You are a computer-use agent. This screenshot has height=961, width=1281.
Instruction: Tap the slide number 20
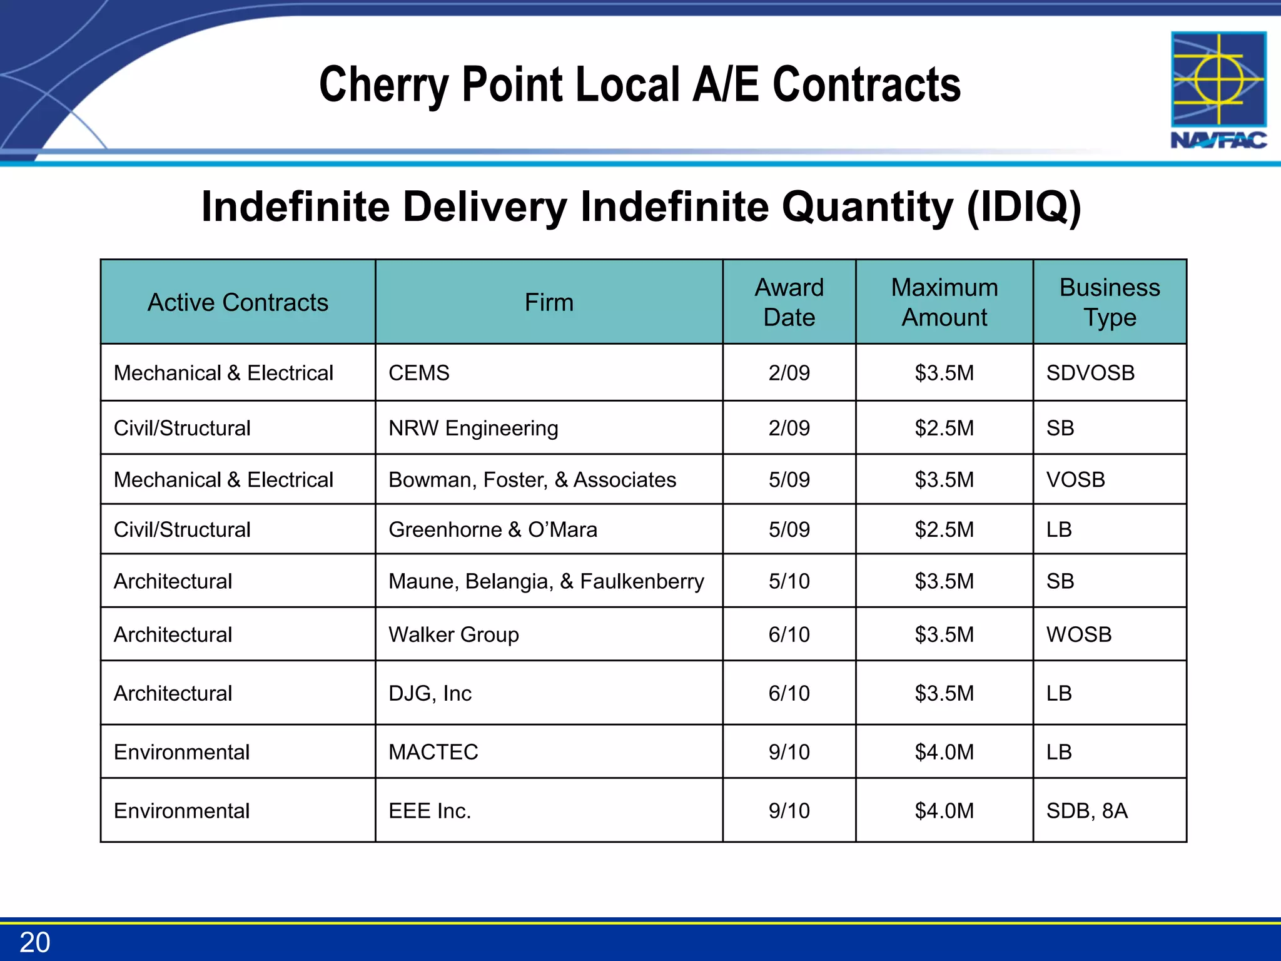[x=35, y=942]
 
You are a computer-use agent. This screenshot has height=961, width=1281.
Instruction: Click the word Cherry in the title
[x=382, y=85]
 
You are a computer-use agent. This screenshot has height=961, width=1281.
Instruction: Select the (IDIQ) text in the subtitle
[x=1024, y=207]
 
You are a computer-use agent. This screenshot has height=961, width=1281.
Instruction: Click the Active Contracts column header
[x=238, y=303]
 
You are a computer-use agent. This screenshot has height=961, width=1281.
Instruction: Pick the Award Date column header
[x=789, y=303]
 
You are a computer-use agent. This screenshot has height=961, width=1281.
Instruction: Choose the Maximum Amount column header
[x=944, y=303]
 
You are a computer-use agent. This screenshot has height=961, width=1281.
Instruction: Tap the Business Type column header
[x=1109, y=303]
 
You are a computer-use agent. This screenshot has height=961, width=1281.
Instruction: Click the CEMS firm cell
[x=419, y=373]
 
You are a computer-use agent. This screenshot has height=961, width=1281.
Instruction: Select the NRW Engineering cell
[x=473, y=429]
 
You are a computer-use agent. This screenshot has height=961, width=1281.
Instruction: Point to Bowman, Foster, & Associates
[x=532, y=480]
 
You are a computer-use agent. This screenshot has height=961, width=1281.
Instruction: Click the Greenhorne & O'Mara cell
[x=492, y=530]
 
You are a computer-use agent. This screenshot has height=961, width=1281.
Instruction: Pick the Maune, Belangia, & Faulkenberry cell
[x=545, y=582]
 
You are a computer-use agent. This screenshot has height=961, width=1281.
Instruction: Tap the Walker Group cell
[x=453, y=635]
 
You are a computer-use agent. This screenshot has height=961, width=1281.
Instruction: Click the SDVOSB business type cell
[x=1090, y=373]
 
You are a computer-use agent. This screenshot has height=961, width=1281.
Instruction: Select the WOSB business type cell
[x=1079, y=635]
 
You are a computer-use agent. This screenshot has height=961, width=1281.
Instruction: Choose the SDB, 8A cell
[x=1086, y=811]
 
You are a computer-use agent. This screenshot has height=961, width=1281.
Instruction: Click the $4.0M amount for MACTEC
[x=944, y=752]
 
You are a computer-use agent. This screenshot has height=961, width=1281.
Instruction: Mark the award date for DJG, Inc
[x=789, y=694]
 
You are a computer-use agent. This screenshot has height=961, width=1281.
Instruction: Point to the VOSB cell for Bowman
[x=1075, y=480]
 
